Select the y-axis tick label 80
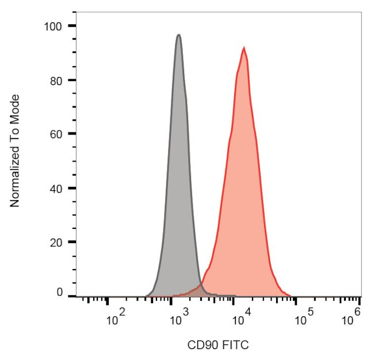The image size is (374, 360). pyautogui.click(x=56, y=80)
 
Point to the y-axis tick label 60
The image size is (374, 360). pyautogui.click(x=56, y=134)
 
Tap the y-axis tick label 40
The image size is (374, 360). pyautogui.click(x=56, y=188)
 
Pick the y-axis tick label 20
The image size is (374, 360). pyautogui.click(x=56, y=242)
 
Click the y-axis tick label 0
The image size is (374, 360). pyautogui.click(x=59, y=293)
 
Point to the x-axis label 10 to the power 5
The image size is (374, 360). pyautogui.click(x=303, y=316)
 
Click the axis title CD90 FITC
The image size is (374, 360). pyautogui.click(x=218, y=345)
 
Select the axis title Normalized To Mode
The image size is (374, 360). pyautogui.click(x=16, y=151)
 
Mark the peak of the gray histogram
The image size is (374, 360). pyautogui.click(x=179, y=35)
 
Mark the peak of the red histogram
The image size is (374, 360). pyautogui.click(x=244, y=48)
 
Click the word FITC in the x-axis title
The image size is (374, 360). pyautogui.click(x=236, y=345)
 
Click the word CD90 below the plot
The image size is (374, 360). pyautogui.click(x=201, y=345)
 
